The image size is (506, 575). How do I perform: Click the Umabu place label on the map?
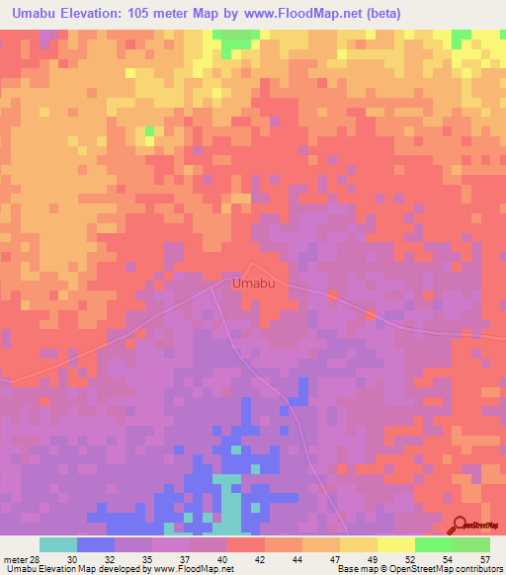(252, 285)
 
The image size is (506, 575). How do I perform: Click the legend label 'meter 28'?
(20, 558)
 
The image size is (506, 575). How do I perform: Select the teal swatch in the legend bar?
(58, 544)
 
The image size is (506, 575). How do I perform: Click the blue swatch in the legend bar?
(96, 544)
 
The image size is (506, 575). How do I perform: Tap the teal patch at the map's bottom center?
(229, 504)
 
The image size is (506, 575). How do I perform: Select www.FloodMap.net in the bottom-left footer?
(184, 570)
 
